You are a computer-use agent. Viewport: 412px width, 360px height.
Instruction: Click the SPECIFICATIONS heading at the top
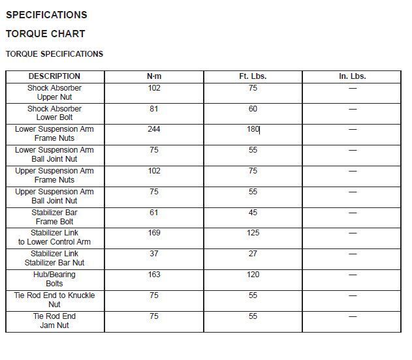click(x=46, y=14)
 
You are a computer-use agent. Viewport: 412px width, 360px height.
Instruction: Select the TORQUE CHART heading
click(x=46, y=34)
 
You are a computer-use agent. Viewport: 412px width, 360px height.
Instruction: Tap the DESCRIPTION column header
click(x=54, y=76)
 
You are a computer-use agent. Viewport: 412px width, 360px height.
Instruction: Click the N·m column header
click(x=154, y=76)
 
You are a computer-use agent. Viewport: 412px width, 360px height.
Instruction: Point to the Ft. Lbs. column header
click(x=253, y=76)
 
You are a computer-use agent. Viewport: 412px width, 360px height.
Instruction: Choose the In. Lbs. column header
click(x=353, y=76)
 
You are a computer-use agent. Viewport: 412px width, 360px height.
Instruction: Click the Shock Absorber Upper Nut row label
click(x=54, y=93)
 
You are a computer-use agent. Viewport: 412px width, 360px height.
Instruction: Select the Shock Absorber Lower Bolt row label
click(x=54, y=113)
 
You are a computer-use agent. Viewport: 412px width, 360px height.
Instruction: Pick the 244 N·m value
click(x=154, y=129)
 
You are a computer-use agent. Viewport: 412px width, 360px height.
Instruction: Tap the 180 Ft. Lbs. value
click(x=253, y=129)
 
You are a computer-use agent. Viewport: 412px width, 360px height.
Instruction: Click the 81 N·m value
click(x=154, y=109)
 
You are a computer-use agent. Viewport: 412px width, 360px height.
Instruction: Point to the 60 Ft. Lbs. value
click(x=253, y=109)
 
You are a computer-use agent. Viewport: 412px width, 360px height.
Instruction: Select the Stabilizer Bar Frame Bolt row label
click(x=54, y=217)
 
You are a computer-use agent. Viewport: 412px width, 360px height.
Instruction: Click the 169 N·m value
click(x=154, y=233)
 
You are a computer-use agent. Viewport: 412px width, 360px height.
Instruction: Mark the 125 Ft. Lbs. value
click(x=253, y=233)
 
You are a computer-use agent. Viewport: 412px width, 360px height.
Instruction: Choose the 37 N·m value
click(x=154, y=254)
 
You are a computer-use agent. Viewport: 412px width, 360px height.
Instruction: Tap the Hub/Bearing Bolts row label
click(x=54, y=279)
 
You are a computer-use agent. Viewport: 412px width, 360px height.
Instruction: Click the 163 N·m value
click(x=154, y=275)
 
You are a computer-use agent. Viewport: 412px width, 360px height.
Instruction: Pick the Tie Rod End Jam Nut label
click(x=54, y=321)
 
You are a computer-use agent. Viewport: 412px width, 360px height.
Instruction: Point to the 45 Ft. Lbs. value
click(x=253, y=213)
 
